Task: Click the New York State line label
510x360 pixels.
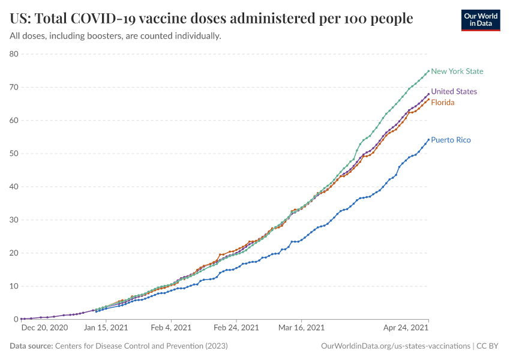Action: (x=457, y=71)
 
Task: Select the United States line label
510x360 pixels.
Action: (x=454, y=92)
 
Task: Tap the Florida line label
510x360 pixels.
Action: (x=443, y=103)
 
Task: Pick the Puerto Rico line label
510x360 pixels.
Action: (x=451, y=140)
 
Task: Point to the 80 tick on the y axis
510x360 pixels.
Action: (x=14, y=54)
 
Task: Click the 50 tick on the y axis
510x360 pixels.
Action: (x=14, y=154)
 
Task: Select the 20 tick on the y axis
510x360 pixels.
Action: (x=14, y=253)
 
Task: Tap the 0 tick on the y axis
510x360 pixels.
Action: (x=17, y=319)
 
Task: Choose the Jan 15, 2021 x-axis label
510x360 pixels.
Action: (x=106, y=328)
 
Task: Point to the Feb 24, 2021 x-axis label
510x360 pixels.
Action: (x=236, y=328)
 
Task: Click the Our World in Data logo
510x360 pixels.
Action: (x=480, y=19)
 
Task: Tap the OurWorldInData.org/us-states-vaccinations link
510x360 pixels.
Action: (x=395, y=346)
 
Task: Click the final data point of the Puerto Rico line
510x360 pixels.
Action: (x=428, y=140)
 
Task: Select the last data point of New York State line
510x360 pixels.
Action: (x=428, y=71)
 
